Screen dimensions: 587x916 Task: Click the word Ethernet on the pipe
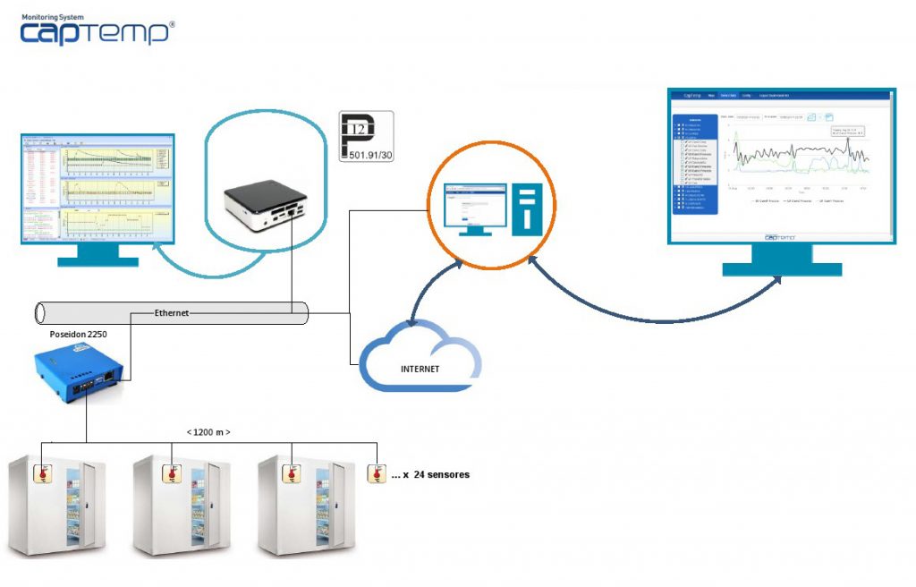coord(174,313)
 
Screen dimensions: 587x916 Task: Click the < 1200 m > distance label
coord(208,433)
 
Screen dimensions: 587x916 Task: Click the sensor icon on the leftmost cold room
coord(43,473)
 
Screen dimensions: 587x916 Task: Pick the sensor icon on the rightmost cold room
coord(292,473)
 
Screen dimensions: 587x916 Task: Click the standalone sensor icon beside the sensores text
coord(377,473)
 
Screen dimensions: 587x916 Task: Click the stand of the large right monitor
coord(781,261)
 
